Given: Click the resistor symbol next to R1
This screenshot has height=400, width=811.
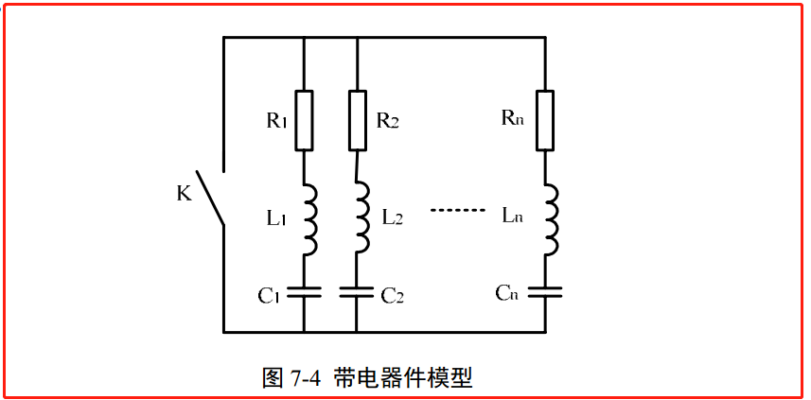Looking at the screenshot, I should click(x=304, y=120).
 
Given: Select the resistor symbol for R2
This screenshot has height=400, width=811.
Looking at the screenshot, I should click(x=357, y=120).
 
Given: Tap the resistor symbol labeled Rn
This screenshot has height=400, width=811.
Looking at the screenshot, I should click(x=545, y=120).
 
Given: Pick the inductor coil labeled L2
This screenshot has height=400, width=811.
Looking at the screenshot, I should click(x=361, y=218).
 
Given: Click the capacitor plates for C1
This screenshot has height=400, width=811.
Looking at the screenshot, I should click(x=304, y=291).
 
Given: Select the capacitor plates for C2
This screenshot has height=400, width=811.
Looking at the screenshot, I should click(x=357, y=291).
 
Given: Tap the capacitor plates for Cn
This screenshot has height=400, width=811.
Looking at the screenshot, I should click(x=545, y=291).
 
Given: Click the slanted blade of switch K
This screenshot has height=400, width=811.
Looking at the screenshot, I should click(x=210, y=198).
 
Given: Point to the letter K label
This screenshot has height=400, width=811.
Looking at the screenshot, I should click(x=185, y=194).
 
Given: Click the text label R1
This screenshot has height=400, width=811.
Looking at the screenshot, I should click(x=276, y=120).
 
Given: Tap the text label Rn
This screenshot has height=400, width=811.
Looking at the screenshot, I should click(x=512, y=119).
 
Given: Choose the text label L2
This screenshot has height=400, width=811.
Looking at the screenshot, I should click(x=393, y=217).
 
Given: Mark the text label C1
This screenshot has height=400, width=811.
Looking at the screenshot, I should click(x=271, y=296).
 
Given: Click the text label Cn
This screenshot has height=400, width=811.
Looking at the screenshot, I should click(x=507, y=292).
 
